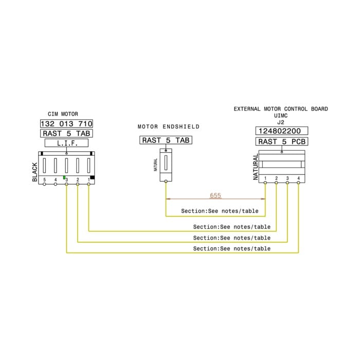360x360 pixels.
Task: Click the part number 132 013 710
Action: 66,124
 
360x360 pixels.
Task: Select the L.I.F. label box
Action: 66,143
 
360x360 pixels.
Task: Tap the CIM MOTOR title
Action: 63,114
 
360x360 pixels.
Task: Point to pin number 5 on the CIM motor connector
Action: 45,179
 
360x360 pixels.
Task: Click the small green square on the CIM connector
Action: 64,177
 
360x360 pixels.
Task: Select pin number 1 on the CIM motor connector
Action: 88,179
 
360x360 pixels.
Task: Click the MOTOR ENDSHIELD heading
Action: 169,127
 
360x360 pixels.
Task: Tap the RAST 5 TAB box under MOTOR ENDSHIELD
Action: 166,140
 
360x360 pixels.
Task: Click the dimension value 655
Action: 215,195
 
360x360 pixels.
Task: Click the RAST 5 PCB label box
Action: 281,141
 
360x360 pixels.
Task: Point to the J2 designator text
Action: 281,122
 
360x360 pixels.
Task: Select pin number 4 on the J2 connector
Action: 298,178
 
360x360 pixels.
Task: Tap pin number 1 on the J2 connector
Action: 265,178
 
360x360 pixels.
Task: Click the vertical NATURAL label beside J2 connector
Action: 256,167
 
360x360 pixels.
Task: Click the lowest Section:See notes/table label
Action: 231,248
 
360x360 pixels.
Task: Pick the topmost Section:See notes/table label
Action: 220,211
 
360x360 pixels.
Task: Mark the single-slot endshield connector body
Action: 166,166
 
